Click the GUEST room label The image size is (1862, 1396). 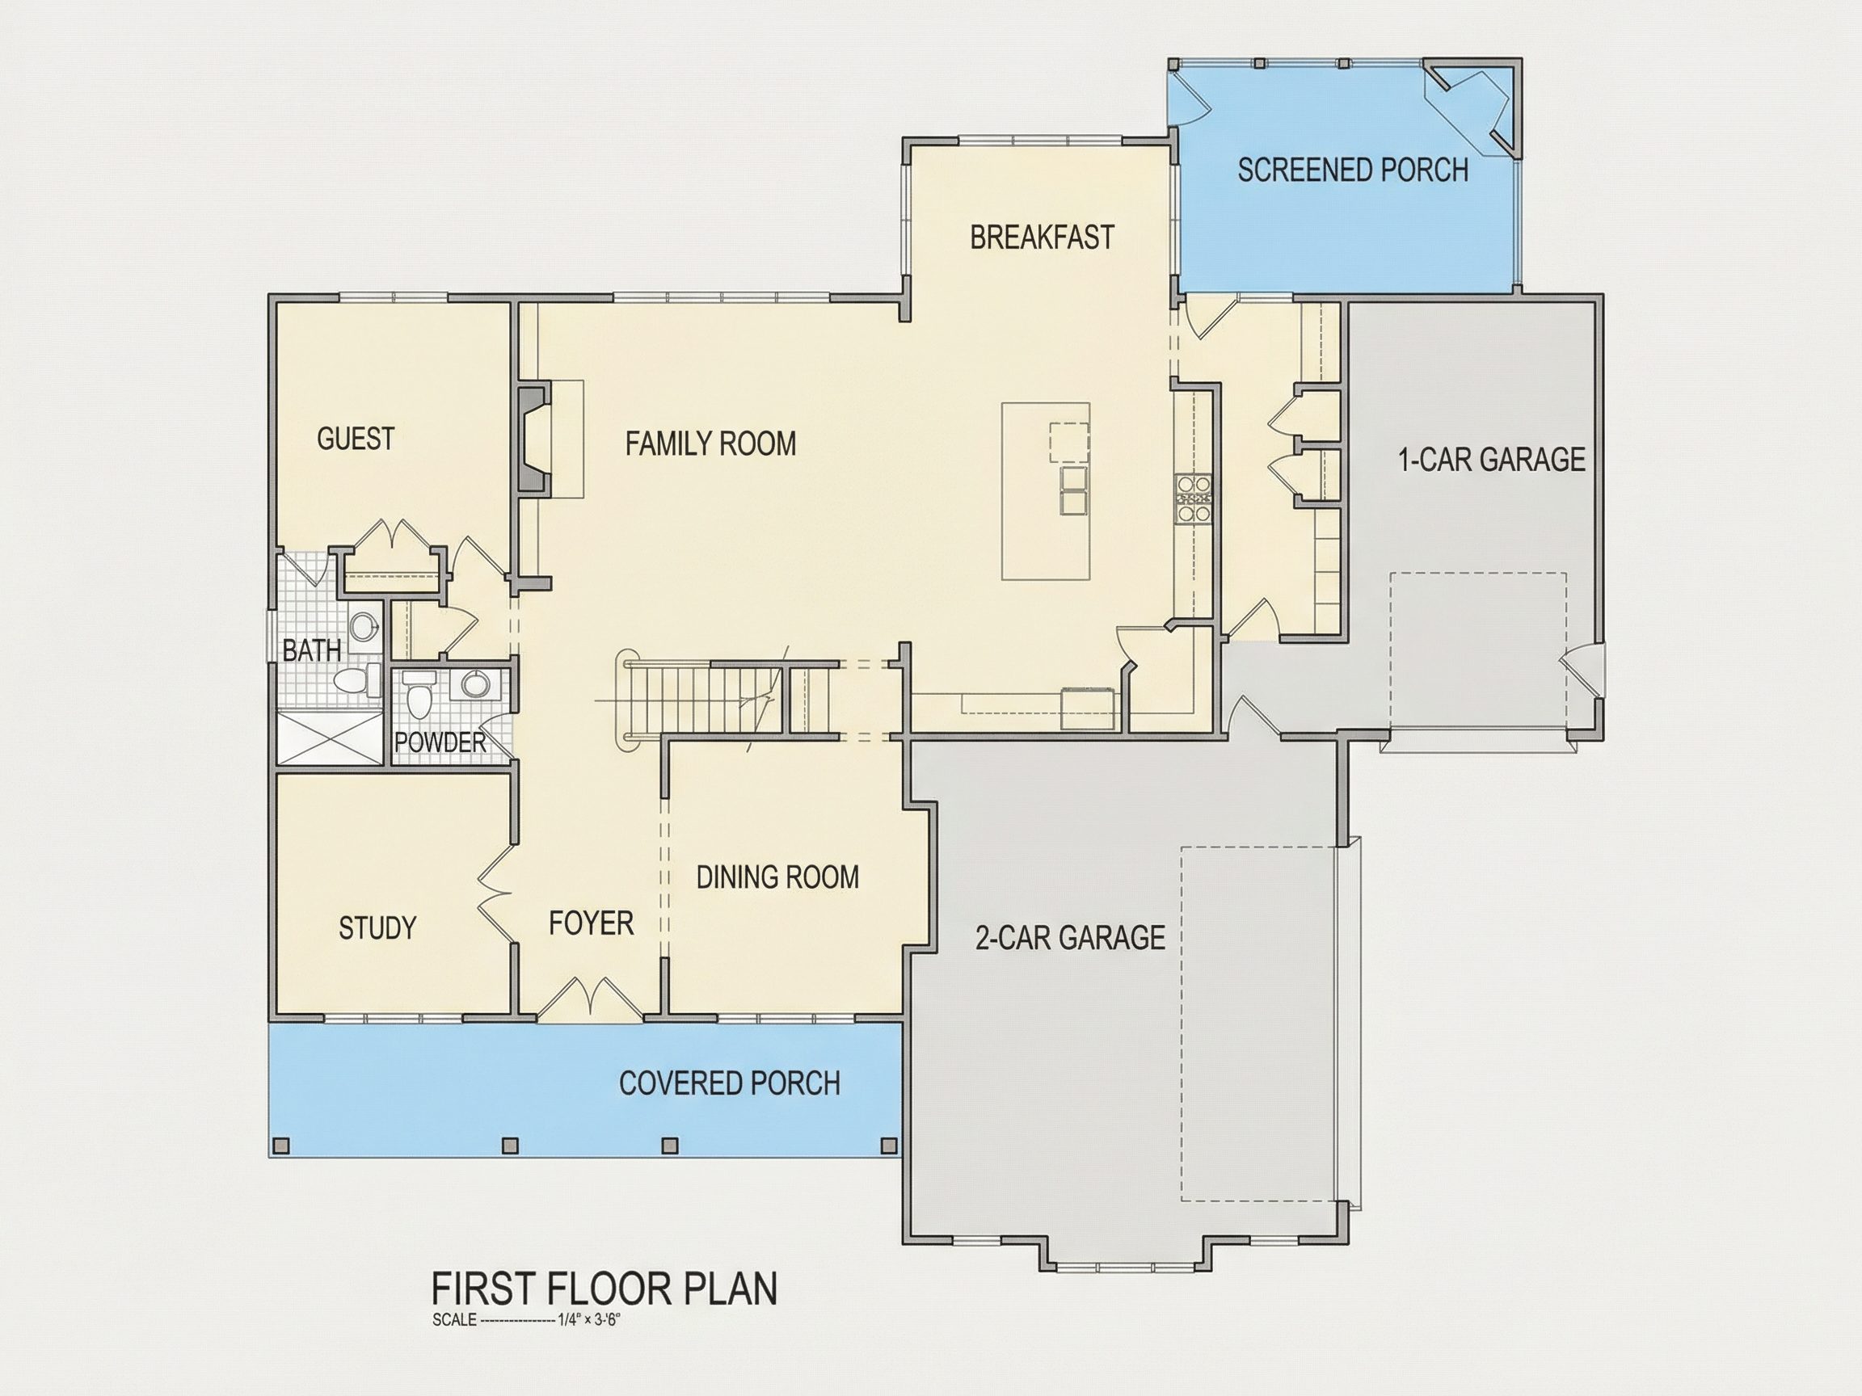point(356,439)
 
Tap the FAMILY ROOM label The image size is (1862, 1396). point(710,444)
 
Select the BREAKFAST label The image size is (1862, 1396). point(1042,238)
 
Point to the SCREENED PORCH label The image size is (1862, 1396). point(1353,170)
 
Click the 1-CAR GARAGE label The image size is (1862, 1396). point(1492,460)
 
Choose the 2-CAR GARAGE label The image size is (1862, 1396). point(1070,937)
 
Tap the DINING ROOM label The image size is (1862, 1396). point(777,877)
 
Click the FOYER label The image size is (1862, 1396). point(591,924)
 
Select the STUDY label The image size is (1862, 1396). point(377,928)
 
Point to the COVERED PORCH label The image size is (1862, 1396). point(730,1083)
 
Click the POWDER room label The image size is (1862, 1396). point(440,742)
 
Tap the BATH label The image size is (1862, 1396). point(311,650)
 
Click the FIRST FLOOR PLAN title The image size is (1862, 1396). point(605,1289)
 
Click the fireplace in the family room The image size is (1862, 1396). point(534,439)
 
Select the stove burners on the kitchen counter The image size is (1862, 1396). point(1194,499)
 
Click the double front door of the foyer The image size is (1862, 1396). point(590,999)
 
